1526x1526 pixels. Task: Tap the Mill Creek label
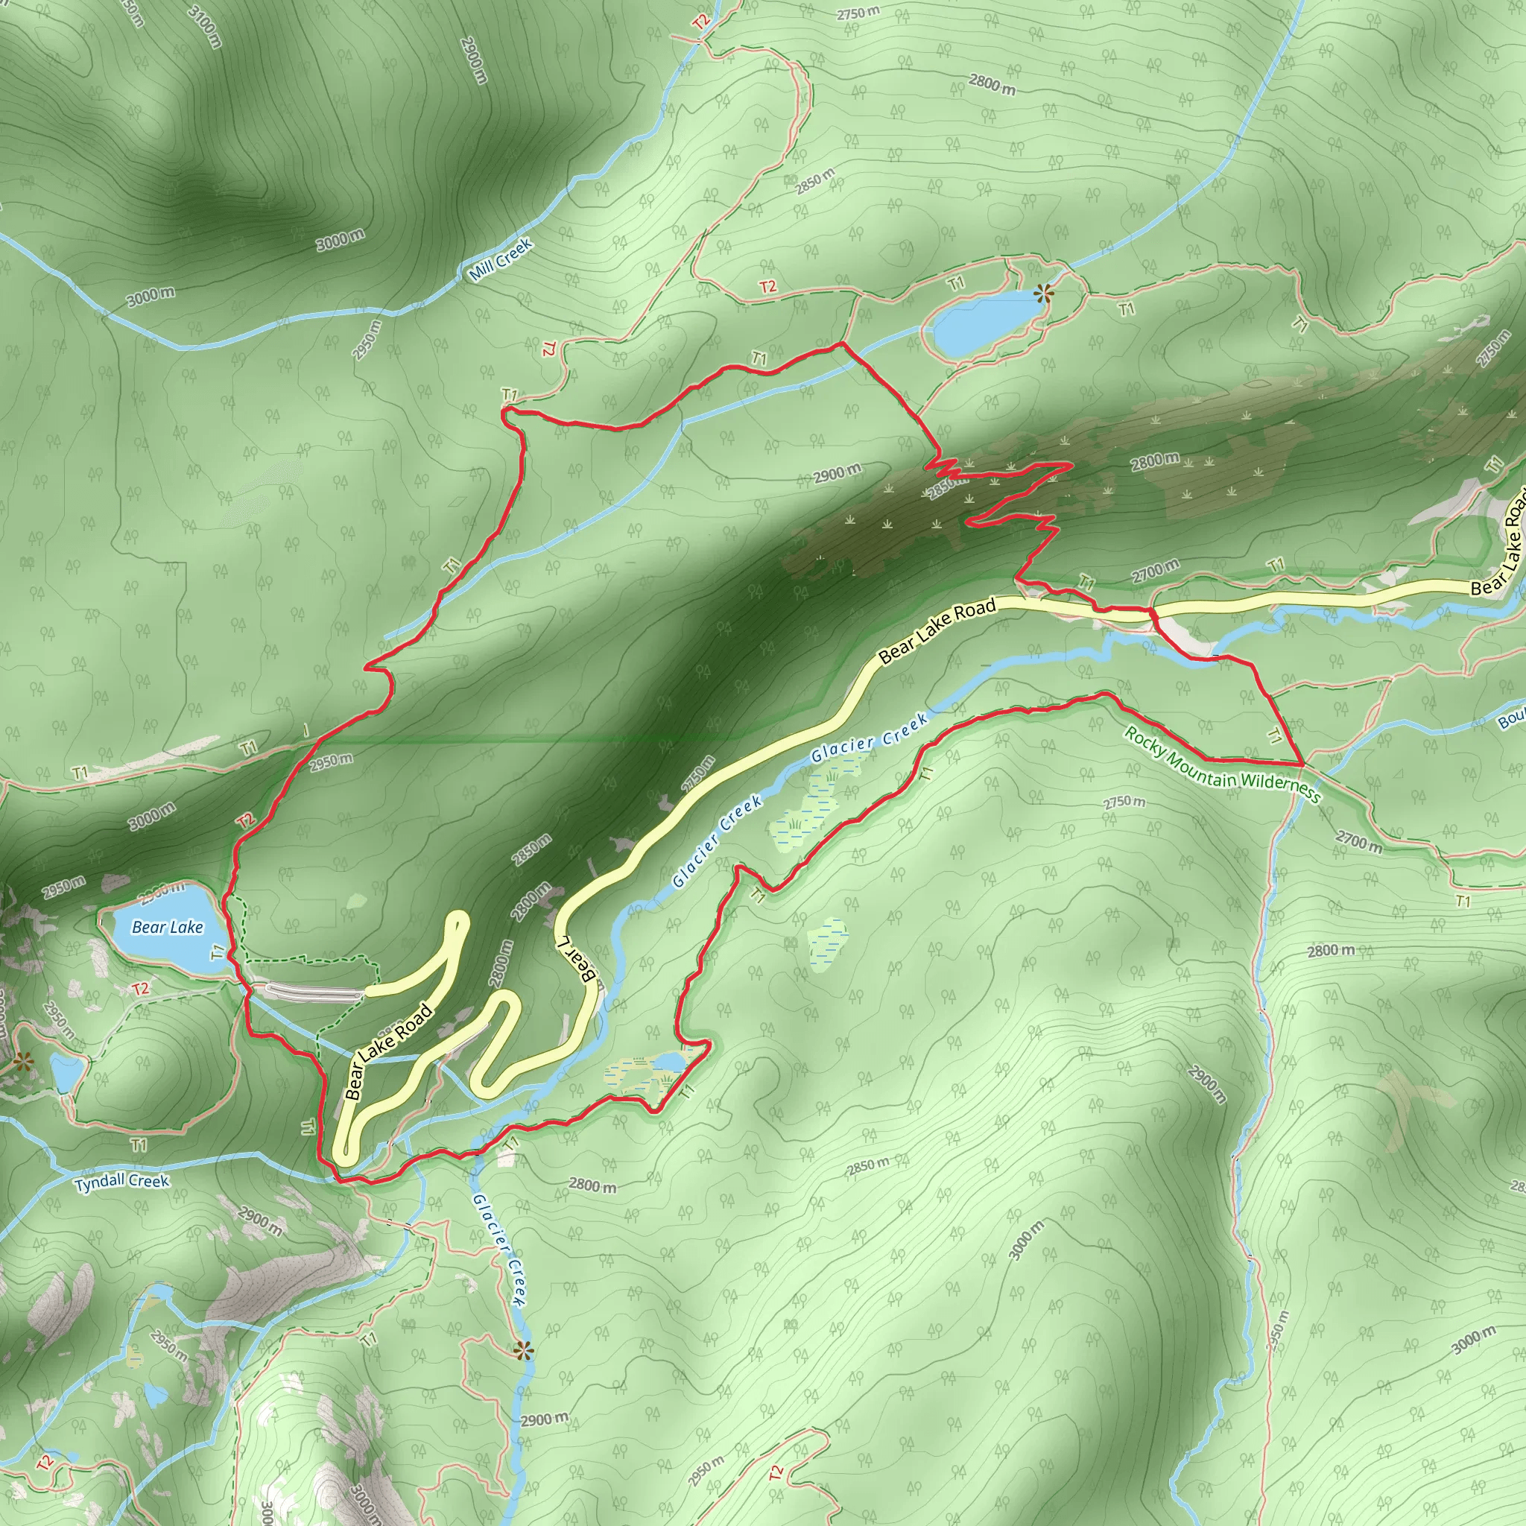tap(500, 260)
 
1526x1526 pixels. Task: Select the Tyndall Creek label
tap(122, 1182)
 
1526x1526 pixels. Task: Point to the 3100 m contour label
tap(206, 28)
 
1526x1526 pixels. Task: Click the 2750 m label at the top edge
tap(858, 13)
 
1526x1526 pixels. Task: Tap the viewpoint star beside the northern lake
tap(1043, 294)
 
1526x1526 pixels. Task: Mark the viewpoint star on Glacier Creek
tap(522, 1351)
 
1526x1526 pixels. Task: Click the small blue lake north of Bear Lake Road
tap(982, 324)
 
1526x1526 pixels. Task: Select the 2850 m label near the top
tap(814, 181)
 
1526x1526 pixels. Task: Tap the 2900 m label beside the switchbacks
tap(838, 473)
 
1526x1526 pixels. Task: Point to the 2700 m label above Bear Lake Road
tap(1155, 571)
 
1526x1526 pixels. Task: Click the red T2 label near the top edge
tap(701, 21)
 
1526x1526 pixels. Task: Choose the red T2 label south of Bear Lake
tap(141, 988)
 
